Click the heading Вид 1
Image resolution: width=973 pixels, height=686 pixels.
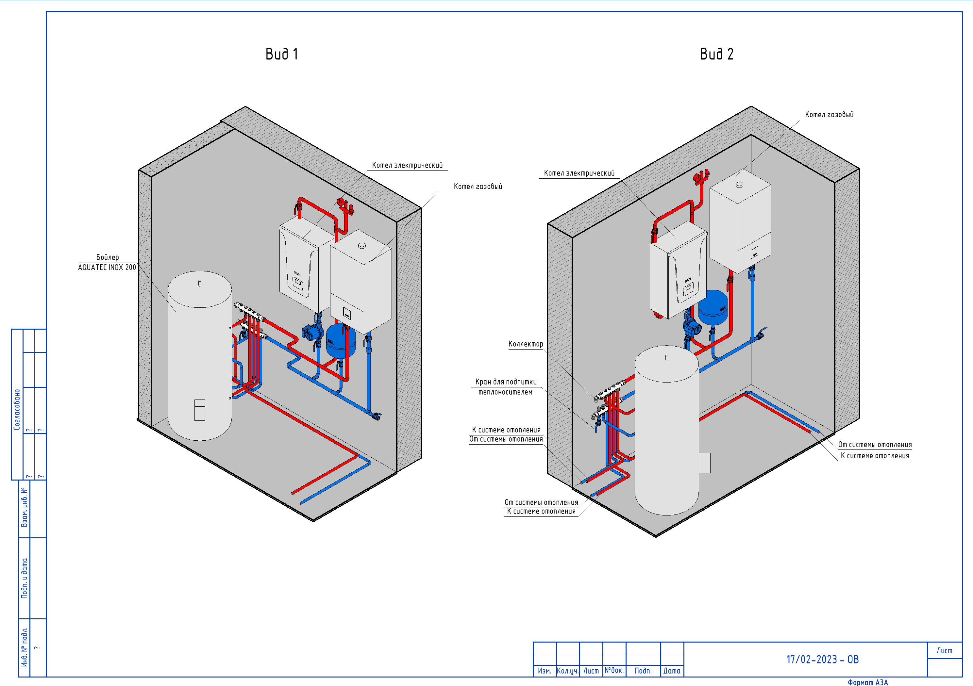pyautogui.click(x=281, y=54)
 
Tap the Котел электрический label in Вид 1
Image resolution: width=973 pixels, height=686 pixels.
pyautogui.click(x=407, y=165)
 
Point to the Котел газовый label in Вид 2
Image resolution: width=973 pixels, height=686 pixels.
pyautogui.click(x=829, y=115)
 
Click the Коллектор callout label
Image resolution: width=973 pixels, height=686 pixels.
pyautogui.click(x=526, y=344)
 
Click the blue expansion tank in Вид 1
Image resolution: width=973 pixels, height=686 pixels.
pyautogui.click(x=340, y=341)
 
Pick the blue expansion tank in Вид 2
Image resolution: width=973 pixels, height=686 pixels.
pyautogui.click(x=713, y=307)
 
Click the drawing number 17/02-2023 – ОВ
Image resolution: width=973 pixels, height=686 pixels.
pyautogui.click(x=822, y=659)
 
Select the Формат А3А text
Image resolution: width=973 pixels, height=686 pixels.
pyautogui.click(x=867, y=682)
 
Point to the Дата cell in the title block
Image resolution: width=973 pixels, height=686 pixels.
pyautogui.click(x=672, y=671)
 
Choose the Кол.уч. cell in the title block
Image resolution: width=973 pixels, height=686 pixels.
pyautogui.click(x=567, y=671)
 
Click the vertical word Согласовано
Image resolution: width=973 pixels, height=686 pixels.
pyautogui.click(x=17, y=410)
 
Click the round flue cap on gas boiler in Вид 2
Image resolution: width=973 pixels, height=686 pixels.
pyautogui.click(x=740, y=185)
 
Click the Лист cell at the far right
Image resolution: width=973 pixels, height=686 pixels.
pyautogui.click(x=944, y=650)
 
